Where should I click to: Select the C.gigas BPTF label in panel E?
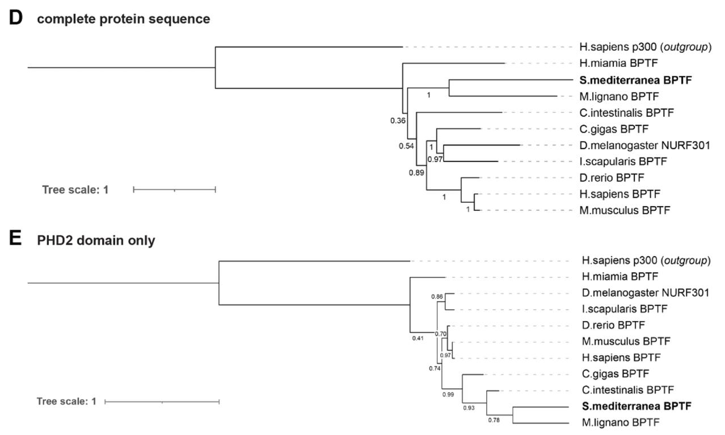click(616, 373)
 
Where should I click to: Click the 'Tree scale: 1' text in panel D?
click(75, 189)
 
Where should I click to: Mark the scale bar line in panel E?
click(162, 402)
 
